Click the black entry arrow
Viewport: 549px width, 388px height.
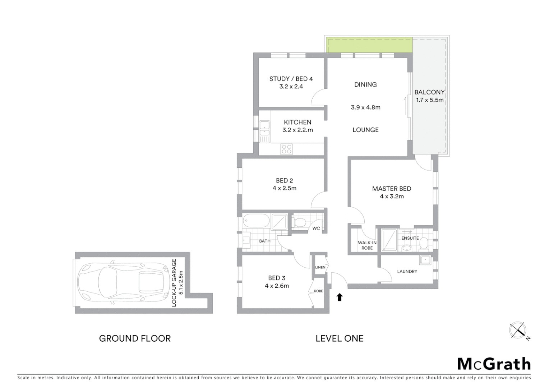340,297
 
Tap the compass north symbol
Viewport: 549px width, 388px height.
518,330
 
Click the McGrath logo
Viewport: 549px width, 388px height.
494,364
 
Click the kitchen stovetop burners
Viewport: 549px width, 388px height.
286,149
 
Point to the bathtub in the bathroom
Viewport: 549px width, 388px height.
256,221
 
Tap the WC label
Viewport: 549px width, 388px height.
316,228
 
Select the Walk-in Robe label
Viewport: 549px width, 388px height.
367,245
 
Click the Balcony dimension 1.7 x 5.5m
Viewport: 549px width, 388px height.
430,100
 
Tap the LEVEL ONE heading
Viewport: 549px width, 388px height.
339,338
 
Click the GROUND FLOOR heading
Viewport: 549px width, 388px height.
135,338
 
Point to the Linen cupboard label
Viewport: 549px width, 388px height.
320,267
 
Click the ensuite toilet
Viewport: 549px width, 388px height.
424,244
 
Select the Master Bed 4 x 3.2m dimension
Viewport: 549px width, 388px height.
392,197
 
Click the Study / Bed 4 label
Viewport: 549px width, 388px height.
291,79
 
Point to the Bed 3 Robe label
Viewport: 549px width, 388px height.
318,291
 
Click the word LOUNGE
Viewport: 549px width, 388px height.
365,130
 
